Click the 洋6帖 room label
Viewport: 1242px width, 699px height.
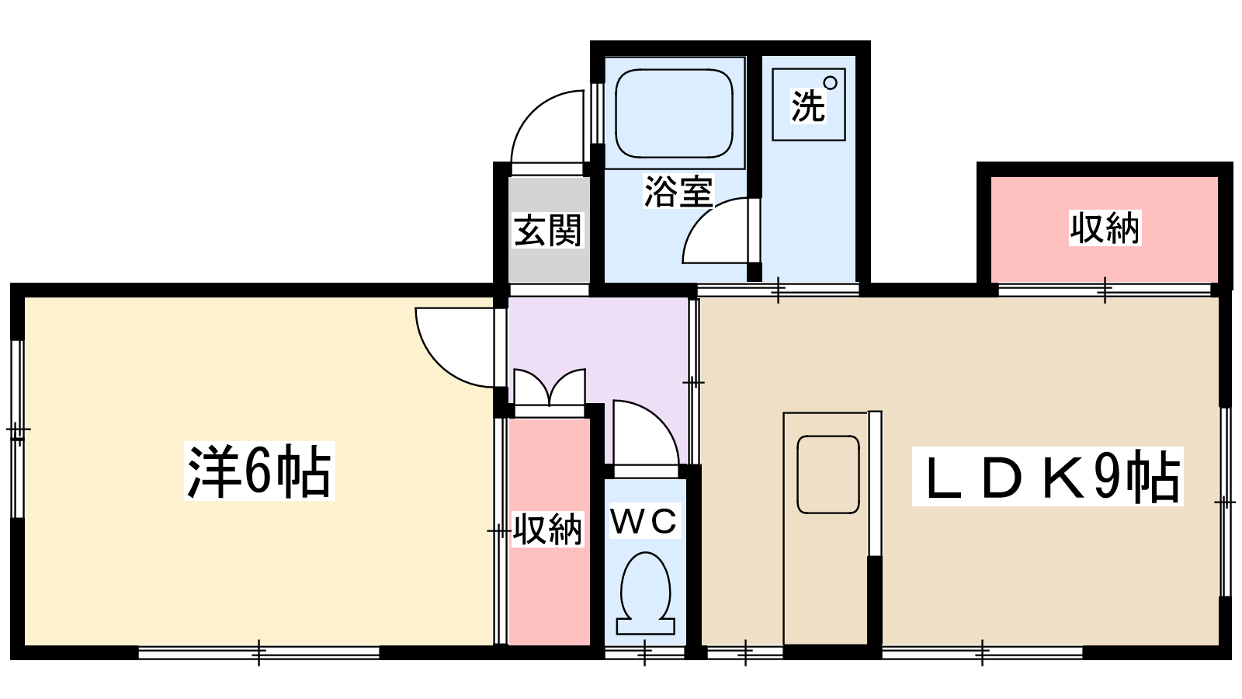click(259, 471)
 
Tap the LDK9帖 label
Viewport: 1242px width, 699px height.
click(1047, 477)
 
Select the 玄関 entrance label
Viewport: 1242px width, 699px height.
click(547, 231)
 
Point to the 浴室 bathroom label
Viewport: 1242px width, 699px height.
click(678, 191)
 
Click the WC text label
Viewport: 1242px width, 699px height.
click(644, 521)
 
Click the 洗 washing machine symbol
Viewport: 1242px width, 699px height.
click(808, 105)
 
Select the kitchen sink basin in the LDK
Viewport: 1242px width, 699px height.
click(828, 474)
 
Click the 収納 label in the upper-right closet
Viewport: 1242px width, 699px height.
click(1105, 228)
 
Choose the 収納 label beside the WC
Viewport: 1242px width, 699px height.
click(547, 530)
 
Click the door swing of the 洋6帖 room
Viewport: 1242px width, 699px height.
click(454, 346)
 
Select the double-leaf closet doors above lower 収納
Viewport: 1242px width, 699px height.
click(550, 388)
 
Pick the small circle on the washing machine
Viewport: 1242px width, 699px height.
click(830, 82)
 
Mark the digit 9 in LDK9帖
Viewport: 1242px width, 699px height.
click(1108, 477)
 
